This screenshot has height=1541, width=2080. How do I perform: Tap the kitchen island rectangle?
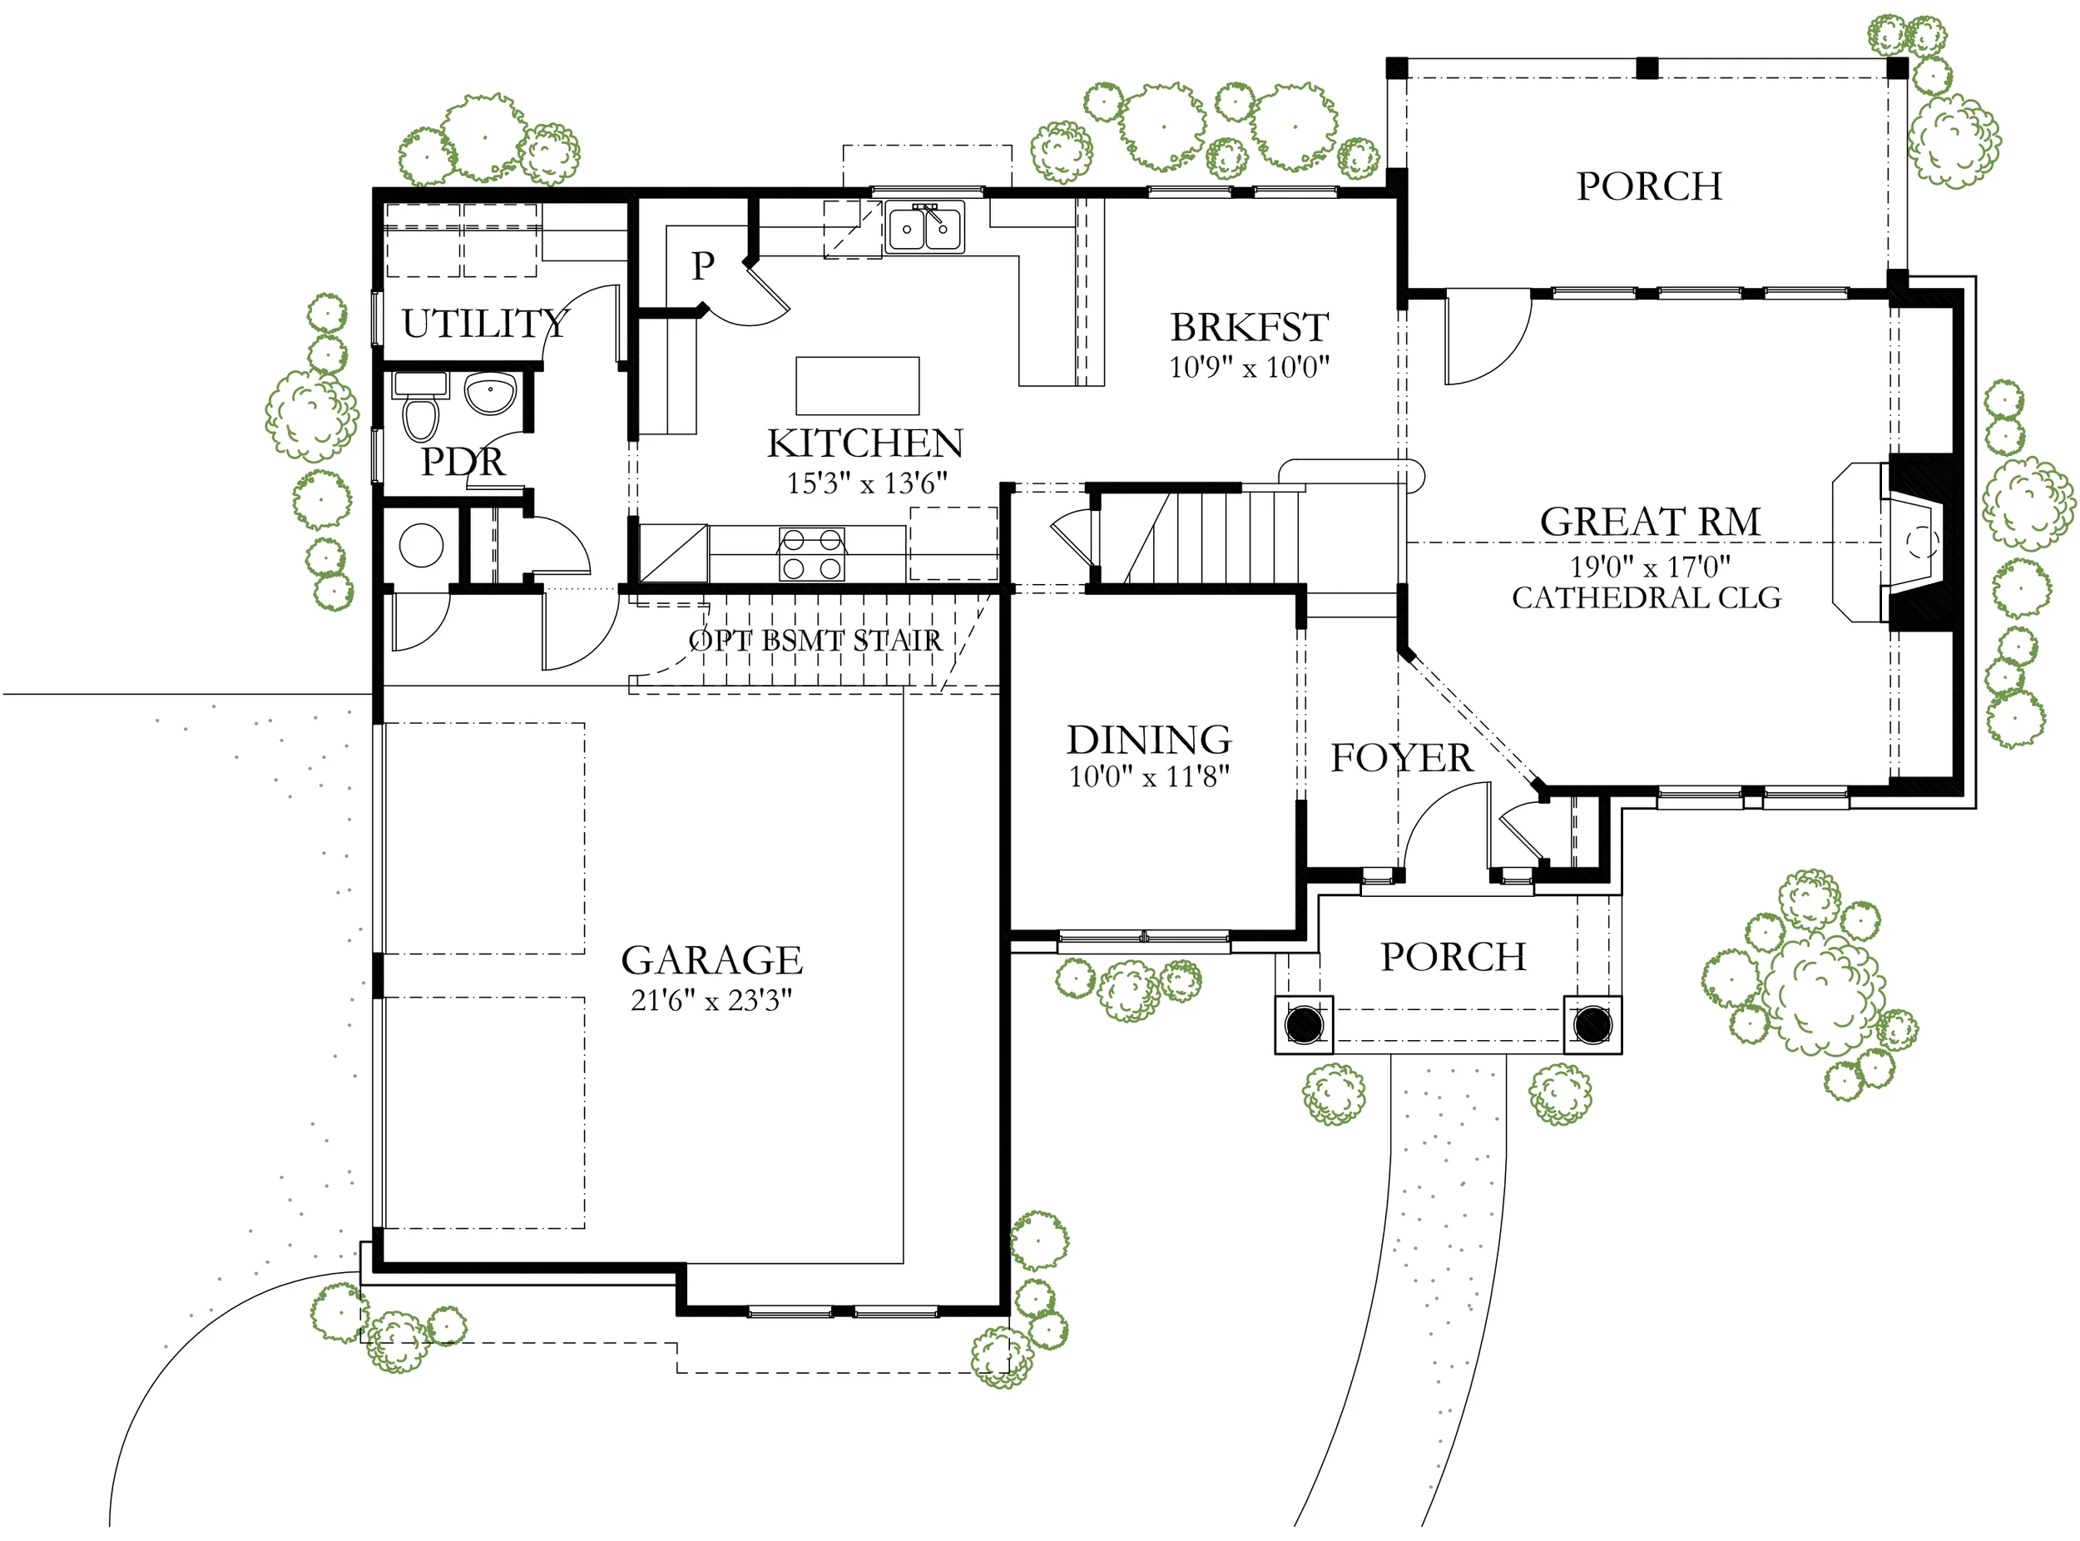(857, 385)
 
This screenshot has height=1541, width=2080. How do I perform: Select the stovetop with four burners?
(811, 553)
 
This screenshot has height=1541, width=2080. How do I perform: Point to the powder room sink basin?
(490, 393)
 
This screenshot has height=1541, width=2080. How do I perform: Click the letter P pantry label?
(702, 266)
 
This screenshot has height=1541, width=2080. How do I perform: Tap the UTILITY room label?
(485, 324)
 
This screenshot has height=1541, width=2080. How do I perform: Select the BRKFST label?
(1249, 327)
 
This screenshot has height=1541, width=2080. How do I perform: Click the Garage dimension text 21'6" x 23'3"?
(711, 1001)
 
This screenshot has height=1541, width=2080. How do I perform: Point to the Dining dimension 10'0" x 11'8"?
(1149, 776)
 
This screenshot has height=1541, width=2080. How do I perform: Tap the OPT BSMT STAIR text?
(815, 641)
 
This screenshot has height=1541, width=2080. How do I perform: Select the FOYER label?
(1401, 757)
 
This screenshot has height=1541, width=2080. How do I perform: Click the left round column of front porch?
(1304, 1025)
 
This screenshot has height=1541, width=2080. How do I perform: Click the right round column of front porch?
(1592, 1025)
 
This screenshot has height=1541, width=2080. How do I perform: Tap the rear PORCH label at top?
(1649, 186)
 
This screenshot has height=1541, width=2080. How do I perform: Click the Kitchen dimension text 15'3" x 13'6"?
(866, 483)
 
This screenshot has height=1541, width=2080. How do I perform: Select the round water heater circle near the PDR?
(421, 546)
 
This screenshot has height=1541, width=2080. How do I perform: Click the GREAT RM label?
(1650, 522)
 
